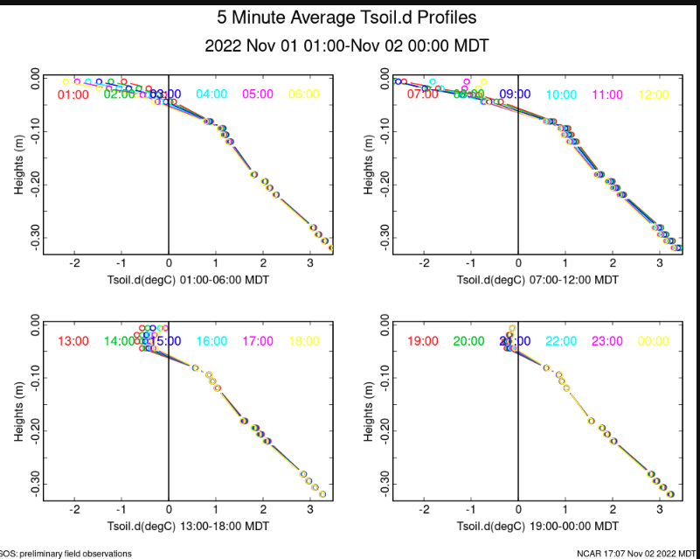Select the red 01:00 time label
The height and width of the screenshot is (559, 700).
(x=73, y=94)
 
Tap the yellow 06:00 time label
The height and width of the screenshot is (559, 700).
(x=305, y=94)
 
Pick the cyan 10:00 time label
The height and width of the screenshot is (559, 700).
(x=562, y=94)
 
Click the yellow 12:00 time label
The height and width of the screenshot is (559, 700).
(x=655, y=94)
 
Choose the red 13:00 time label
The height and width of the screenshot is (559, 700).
(x=73, y=341)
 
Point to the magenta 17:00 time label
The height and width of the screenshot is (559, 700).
(x=258, y=341)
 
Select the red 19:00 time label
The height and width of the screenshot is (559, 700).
(x=423, y=341)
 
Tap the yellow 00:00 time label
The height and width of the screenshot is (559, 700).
(x=655, y=341)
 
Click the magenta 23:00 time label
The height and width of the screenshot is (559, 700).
(x=607, y=341)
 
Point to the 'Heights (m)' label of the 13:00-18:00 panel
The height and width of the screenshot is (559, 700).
(x=18, y=411)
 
